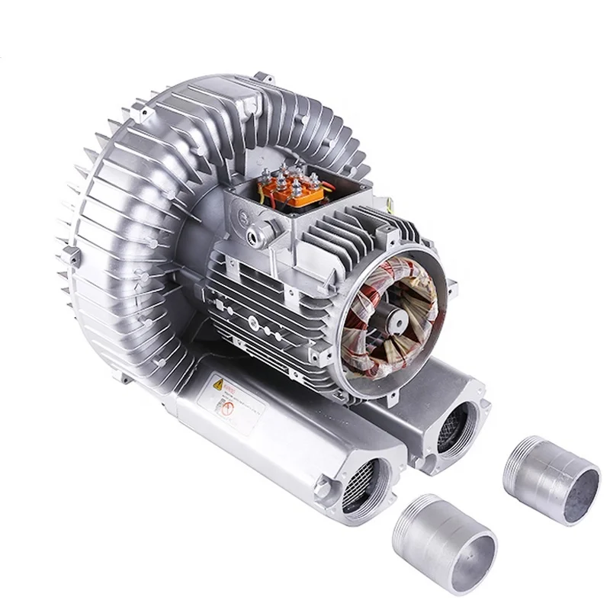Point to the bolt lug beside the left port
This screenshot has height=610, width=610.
[x=326, y=485]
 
